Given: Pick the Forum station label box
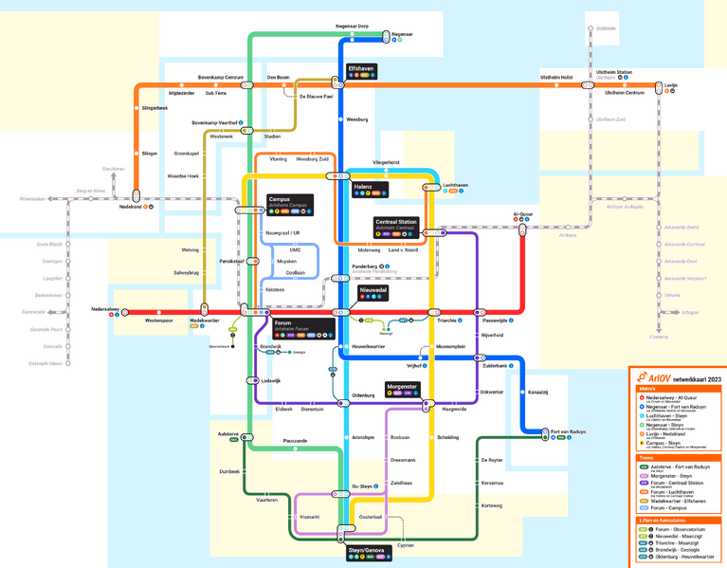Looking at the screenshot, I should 303,327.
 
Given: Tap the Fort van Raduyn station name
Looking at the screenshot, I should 568,431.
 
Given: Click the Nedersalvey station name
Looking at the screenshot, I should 104,309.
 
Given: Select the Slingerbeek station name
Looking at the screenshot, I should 154,108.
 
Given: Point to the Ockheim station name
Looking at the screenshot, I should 606,28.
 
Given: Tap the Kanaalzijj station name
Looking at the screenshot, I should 538,392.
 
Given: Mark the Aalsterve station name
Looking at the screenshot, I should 227,432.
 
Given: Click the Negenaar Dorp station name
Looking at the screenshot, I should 352,27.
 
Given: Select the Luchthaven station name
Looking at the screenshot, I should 455,185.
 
